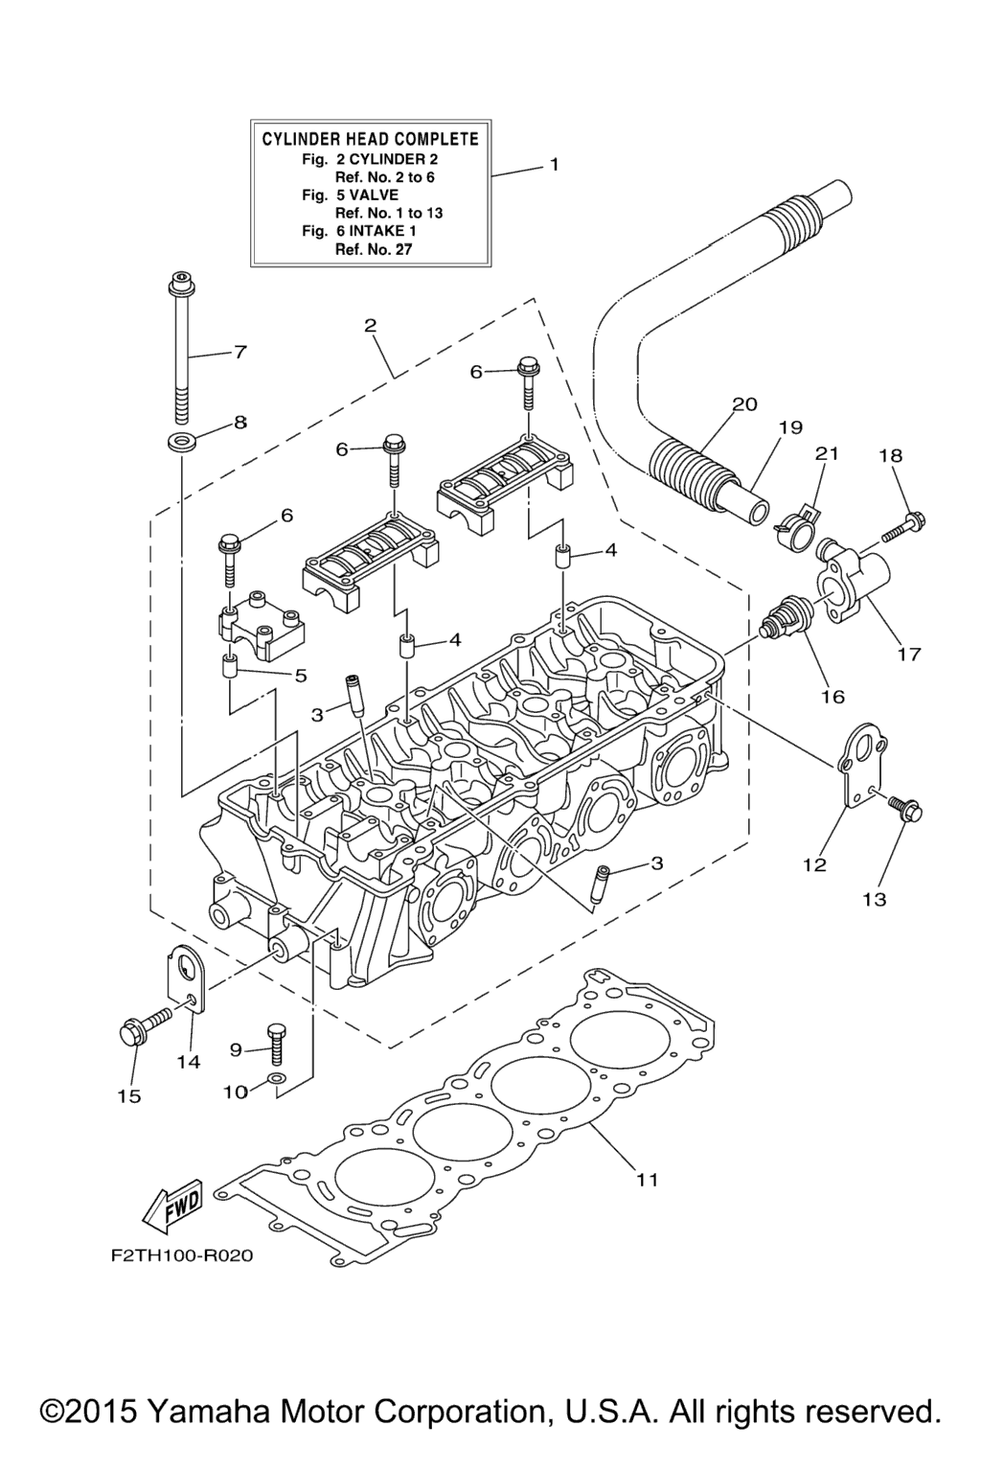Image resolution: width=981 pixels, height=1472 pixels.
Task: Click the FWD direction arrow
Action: tap(172, 1205)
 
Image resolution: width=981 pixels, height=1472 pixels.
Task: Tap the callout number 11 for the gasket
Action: tap(648, 1180)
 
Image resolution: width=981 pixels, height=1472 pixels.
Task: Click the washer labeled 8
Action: tap(179, 442)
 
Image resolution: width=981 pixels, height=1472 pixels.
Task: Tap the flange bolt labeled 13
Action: tap(904, 812)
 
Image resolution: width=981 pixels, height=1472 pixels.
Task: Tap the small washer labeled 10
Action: tap(276, 1083)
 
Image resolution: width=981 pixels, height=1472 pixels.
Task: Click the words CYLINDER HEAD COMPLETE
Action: tap(371, 139)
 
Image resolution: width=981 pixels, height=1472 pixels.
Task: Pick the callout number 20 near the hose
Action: tap(744, 404)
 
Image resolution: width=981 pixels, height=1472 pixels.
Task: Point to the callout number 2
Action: tap(370, 326)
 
